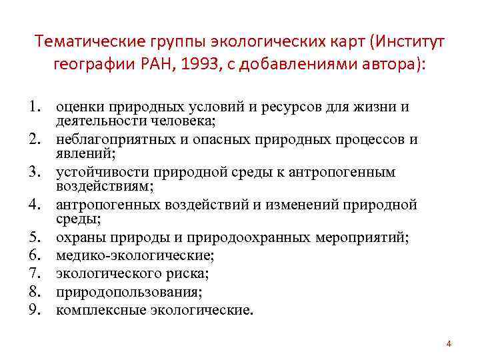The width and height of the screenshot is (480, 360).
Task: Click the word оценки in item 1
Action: tap(79, 107)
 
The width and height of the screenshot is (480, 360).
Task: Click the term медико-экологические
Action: tap(135, 255)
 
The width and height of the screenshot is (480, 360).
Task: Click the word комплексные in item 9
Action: tap(95, 309)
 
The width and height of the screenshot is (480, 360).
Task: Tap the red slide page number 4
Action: tap(449, 344)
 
